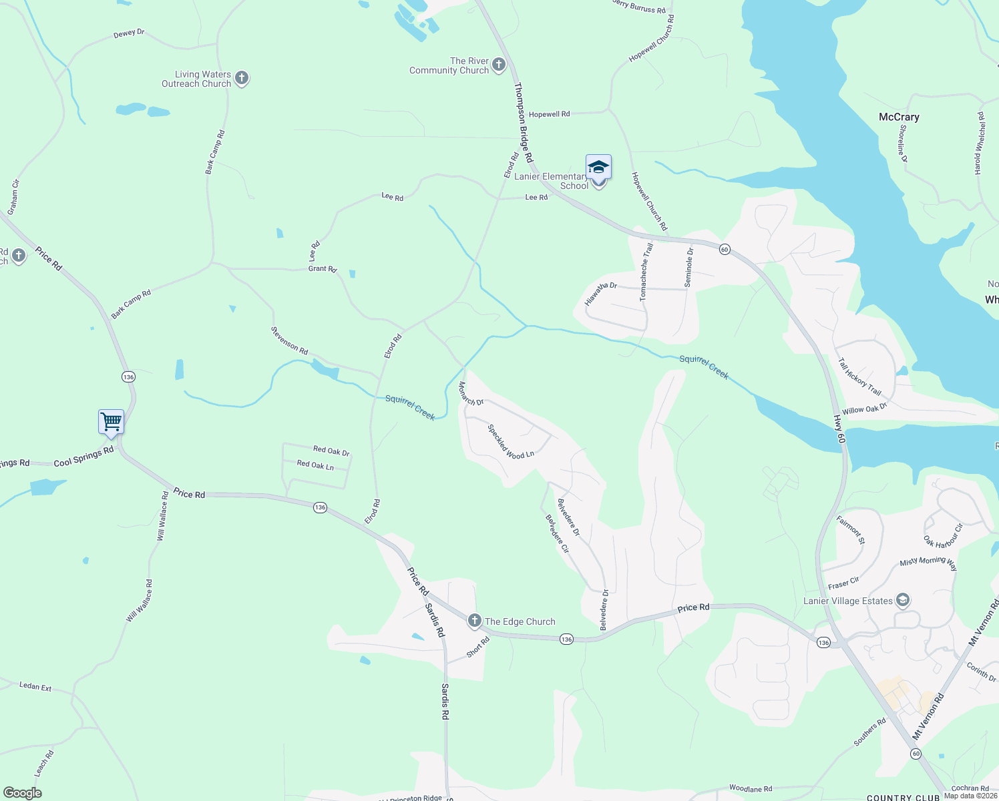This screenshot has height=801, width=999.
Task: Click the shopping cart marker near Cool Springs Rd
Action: pyautogui.click(x=111, y=422)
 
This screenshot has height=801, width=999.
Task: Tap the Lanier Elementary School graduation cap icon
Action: pyautogui.click(x=598, y=167)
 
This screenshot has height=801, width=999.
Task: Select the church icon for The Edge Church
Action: pyautogui.click(x=474, y=621)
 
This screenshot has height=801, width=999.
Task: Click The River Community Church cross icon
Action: pyautogui.click(x=499, y=65)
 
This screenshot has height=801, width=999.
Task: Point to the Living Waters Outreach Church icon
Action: pyautogui.click(x=242, y=79)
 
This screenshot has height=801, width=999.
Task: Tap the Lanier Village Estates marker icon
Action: pyautogui.click(x=903, y=600)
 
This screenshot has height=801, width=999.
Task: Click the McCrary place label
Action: pyautogui.click(x=899, y=117)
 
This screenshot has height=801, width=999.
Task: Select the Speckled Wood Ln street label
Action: pyautogui.click(x=511, y=442)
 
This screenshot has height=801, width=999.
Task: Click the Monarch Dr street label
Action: pyautogui.click(x=471, y=394)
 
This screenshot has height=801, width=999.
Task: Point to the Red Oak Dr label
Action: pyautogui.click(x=332, y=451)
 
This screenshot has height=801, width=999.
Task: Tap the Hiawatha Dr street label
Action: pyautogui.click(x=600, y=294)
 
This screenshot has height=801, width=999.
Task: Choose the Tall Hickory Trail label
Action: pyautogui.click(x=860, y=376)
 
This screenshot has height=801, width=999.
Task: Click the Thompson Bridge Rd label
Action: pyautogui.click(x=523, y=123)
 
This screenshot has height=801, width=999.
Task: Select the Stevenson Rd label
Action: pyautogui.click(x=289, y=340)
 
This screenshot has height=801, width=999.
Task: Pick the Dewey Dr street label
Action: pyautogui.click(x=129, y=33)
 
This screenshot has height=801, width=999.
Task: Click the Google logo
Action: pyautogui.click(x=23, y=793)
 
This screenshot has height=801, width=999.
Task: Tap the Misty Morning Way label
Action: pyautogui.click(x=928, y=563)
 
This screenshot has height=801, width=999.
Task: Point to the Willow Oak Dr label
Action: pyautogui.click(x=864, y=409)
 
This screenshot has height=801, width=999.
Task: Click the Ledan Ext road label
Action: pyautogui.click(x=35, y=686)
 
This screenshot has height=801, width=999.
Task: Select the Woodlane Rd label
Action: pyautogui.click(x=751, y=789)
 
